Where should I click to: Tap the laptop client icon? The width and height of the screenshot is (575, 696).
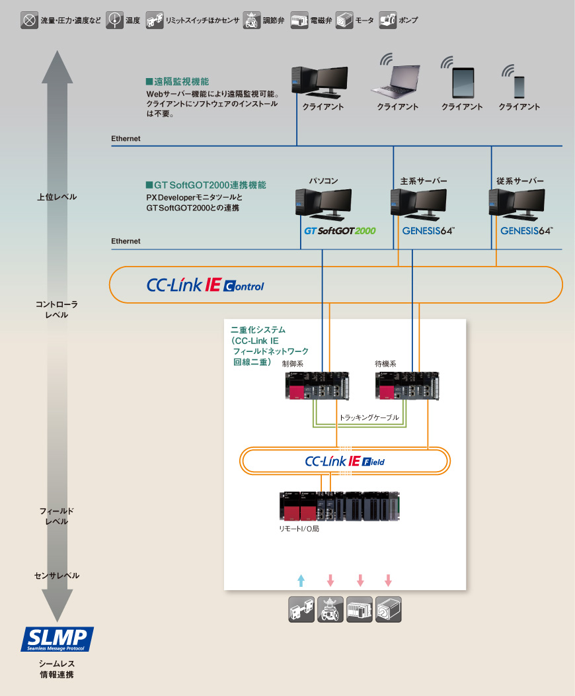(x=397, y=81)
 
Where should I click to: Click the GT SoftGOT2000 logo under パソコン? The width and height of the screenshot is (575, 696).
(x=339, y=231)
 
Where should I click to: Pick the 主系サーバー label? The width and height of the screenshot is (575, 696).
(x=424, y=181)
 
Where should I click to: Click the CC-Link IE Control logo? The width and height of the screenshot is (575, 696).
(x=205, y=285)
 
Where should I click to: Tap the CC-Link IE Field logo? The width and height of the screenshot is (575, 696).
(x=344, y=461)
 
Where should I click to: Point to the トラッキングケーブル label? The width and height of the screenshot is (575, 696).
(x=369, y=418)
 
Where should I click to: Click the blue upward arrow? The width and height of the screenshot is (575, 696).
(x=301, y=581)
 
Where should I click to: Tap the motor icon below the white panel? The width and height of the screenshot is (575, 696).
(x=389, y=609)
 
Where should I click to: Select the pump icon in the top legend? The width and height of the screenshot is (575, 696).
(x=389, y=21)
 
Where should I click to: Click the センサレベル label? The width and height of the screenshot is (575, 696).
(x=57, y=576)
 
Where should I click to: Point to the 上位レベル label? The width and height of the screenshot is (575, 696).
(x=57, y=197)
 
